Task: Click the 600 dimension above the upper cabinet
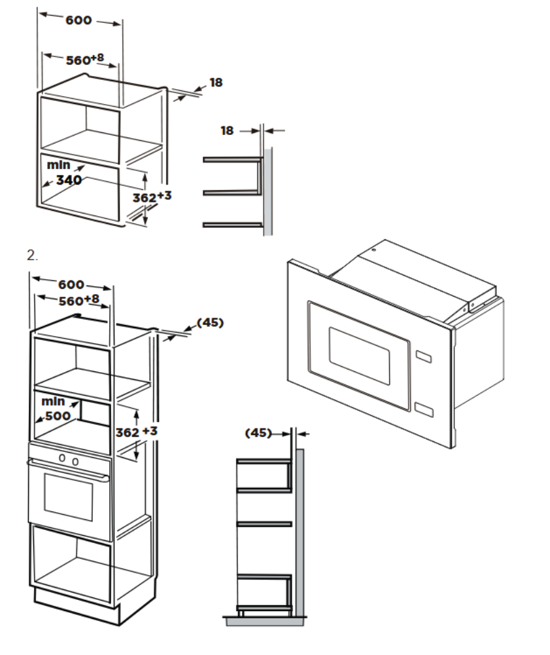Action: (x=78, y=20)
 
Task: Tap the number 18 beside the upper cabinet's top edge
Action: (x=216, y=83)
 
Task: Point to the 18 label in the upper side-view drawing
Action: (x=227, y=131)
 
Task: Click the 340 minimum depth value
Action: (x=69, y=180)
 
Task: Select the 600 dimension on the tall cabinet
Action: (x=71, y=285)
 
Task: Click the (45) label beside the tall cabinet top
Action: (x=210, y=323)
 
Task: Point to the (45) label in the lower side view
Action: (x=258, y=433)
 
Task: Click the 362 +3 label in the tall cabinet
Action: (x=136, y=432)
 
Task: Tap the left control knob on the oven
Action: (x=62, y=459)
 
